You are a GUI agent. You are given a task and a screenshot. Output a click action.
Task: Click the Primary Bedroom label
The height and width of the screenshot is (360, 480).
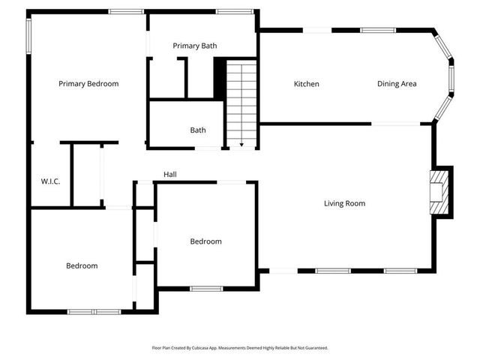pyautogui.click(x=88, y=84)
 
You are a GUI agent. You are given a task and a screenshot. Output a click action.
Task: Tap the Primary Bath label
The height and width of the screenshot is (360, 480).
pyautogui.click(x=195, y=46)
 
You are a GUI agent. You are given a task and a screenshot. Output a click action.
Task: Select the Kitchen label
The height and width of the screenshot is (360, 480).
pyautogui.click(x=306, y=84)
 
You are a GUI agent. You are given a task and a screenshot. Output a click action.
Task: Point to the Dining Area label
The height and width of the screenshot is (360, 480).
pyautogui.click(x=397, y=84)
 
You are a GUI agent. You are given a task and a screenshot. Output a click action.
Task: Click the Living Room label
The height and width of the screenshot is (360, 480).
pyautogui.click(x=344, y=203)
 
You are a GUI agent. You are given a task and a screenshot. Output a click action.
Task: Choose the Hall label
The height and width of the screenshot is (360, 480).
pyautogui.click(x=170, y=175)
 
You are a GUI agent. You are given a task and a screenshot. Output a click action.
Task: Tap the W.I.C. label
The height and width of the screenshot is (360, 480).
pyautogui.click(x=50, y=181)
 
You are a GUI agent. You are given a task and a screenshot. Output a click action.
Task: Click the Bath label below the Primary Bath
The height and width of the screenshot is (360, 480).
pyautogui.click(x=198, y=130)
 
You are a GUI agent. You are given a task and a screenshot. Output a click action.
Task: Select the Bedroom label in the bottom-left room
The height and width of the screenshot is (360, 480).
pyautogui.click(x=82, y=266)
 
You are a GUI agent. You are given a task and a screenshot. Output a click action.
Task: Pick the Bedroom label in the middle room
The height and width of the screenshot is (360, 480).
pyautogui.click(x=205, y=241)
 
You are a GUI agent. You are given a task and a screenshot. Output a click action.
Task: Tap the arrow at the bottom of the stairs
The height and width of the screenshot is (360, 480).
pyautogui.click(x=241, y=142)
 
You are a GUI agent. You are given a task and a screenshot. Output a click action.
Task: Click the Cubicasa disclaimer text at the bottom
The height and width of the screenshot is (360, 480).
pyautogui.click(x=240, y=348)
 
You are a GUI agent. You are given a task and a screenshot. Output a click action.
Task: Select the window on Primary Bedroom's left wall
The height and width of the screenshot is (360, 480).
pyautogui.click(x=29, y=35)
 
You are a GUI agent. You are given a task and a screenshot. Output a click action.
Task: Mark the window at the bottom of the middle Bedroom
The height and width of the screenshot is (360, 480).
pyautogui.click(x=205, y=288)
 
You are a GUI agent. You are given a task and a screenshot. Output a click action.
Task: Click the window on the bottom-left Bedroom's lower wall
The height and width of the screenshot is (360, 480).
pyautogui.click(x=94, y=311)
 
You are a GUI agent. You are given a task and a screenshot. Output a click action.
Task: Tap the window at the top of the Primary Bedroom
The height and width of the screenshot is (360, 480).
pyautogui.click(x=126, y=11)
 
